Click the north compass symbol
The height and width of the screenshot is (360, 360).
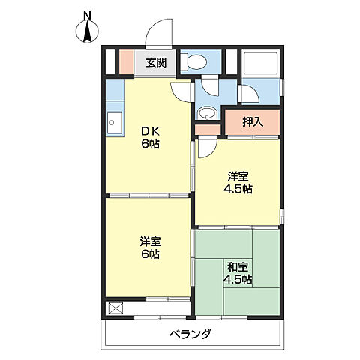pos(87,31)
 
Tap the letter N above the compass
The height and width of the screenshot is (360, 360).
pos(87,16)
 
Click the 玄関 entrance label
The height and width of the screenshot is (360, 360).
pos(156,63)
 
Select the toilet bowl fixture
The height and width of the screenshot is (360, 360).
pos(193,62)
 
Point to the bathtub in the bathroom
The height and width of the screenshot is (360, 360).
pos(260,63)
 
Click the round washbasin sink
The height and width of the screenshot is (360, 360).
pos(206,113)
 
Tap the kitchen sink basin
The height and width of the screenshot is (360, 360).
pos(115,122)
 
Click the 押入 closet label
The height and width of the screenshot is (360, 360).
pos(253,121)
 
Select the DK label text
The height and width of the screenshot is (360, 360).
pos(150,131)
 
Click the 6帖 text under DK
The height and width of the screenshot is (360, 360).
pos(150,144)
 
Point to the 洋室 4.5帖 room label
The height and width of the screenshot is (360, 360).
pos(238,183)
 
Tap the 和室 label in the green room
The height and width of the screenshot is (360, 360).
pos(238,267)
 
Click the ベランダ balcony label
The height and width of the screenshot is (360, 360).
pos(191,334)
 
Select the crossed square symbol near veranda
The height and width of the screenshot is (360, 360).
pos(115,308)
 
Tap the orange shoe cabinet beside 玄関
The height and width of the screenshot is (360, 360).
pos(127,62)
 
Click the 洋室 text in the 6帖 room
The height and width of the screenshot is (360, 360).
pos(150,241)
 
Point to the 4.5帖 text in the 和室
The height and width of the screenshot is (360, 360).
pos(238,279)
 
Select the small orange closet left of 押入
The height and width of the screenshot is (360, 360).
pos(208,130)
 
